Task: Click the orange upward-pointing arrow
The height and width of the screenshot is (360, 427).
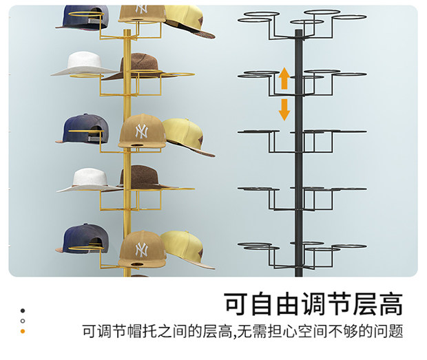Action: coord(284,80)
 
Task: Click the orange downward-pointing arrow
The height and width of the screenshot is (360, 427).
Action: coord(284,109)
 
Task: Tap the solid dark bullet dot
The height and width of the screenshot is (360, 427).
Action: coord(23,310)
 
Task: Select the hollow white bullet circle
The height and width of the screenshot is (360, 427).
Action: coord(23,321)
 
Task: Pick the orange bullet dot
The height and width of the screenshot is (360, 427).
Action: coord(23,332)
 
